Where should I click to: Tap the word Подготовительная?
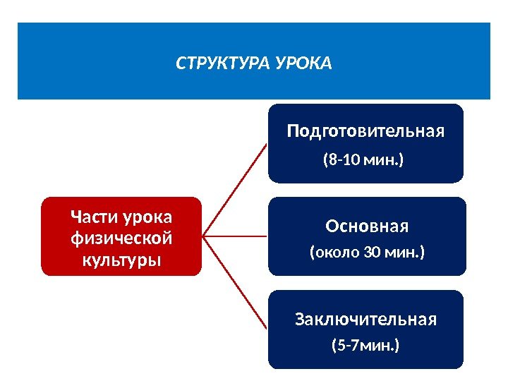[365, 131]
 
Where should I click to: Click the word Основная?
[367, 226]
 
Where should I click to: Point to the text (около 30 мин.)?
[368, 252]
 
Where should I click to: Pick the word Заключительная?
[365, 320]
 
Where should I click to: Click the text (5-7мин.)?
[365, 346]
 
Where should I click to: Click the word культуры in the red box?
[121, 259]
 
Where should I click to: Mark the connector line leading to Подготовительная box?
[234, 188]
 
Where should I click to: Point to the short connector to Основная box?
[236, 236]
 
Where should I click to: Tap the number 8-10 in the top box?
[344, 160]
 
